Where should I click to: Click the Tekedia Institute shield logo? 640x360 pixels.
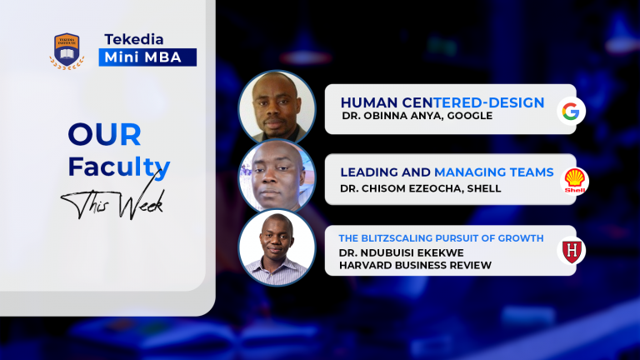(x=67, y=51)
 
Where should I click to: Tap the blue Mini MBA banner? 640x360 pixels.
(x=147, y=57)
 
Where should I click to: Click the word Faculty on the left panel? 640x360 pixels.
(x=118, y=167)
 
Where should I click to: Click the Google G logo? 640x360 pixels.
(x=571, y=110)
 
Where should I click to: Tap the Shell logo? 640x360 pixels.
(x=575, y=180)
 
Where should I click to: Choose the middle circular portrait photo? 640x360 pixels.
(x=277, y=177)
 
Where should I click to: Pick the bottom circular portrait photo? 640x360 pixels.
(x=277, y=247)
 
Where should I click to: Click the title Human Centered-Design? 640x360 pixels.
(x=442, y=102)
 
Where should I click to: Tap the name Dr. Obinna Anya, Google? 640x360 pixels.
(x=417, y=117)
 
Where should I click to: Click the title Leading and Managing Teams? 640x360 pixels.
(x=447, y=172)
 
